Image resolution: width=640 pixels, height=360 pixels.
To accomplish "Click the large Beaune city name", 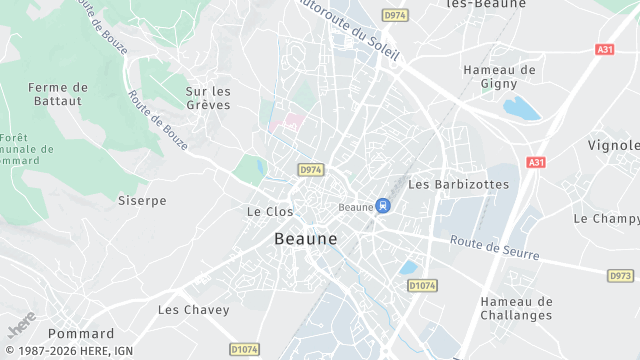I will coord(305,240).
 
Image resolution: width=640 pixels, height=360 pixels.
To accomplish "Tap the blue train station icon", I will coord(382,206).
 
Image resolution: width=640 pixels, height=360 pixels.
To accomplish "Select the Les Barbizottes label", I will coord(459,185).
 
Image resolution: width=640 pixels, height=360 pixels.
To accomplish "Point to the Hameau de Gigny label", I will coord(500,78).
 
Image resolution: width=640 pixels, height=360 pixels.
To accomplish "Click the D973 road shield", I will coord(620,275).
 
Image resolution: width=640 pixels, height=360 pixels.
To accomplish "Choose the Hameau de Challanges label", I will coord(516,308).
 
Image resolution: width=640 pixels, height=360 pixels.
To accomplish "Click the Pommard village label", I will coord(81,334).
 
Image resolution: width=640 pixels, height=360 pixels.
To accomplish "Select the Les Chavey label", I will coord(194,310).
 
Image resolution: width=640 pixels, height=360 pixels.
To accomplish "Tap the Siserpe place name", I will coord(142,201).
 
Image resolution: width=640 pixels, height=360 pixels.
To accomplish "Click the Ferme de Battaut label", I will coord(58,94).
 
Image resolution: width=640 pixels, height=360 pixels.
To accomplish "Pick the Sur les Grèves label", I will coord(208,98).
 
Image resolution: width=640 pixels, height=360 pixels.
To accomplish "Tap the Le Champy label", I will coord(606,218).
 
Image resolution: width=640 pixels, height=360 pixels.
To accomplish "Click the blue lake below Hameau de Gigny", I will coord(521,108).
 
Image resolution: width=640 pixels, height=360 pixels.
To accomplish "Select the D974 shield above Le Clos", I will coord(310,171).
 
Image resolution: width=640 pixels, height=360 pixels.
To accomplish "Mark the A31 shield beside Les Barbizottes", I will coord(536,162).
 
